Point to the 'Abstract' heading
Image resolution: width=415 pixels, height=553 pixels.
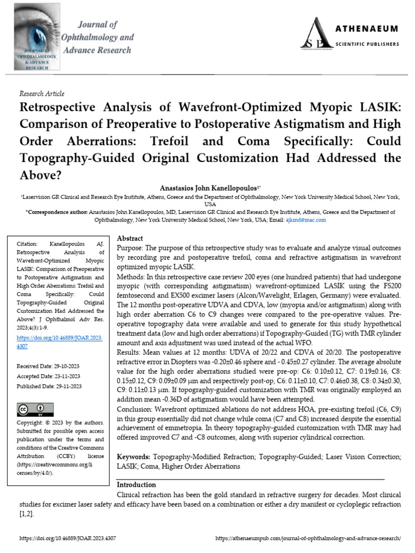[130, 238]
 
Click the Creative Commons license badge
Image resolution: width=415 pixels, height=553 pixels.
[31, 409]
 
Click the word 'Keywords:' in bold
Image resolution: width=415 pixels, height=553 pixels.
[135, 456]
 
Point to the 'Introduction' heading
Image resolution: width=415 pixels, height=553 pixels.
[137, 484]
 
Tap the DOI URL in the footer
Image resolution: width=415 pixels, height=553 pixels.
[68, 539]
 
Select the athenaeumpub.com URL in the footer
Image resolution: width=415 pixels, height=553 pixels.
[308, 539]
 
